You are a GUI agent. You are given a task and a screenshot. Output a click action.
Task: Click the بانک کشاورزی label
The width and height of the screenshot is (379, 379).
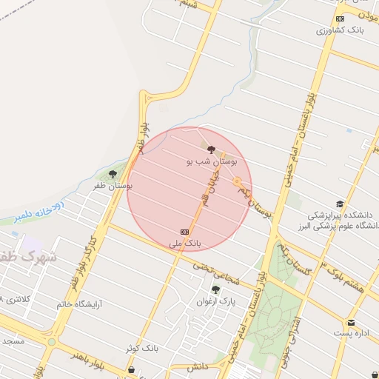(x=337, y=31)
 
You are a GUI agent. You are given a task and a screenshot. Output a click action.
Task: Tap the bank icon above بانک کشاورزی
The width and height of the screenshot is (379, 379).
(x=340, y=19)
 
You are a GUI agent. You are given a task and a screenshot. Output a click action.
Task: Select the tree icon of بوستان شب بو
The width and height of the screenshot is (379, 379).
(x=211, y=149)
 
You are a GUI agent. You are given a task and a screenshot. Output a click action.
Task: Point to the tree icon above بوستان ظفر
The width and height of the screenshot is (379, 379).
(x=113, y=174)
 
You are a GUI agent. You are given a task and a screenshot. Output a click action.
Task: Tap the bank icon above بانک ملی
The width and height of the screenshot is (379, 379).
(x=185, y=231)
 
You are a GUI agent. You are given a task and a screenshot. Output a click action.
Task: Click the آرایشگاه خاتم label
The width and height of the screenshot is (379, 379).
(x=81, y=303)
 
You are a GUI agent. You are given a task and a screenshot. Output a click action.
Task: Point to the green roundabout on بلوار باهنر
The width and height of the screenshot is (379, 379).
(x=51, y=342)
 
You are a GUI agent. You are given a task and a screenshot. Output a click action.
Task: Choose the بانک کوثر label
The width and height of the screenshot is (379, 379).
(x=141, y=347)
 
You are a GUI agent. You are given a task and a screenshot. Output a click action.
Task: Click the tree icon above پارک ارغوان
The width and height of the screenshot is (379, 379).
(x=215, y=289)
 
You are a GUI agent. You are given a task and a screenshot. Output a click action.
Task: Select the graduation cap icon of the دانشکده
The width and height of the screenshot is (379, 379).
(x=340, y=204)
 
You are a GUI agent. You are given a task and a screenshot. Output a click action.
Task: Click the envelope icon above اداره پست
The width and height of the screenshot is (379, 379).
(x=351, y=323)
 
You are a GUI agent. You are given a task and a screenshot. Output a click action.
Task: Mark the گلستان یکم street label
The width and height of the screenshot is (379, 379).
(x=295, y=259)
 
